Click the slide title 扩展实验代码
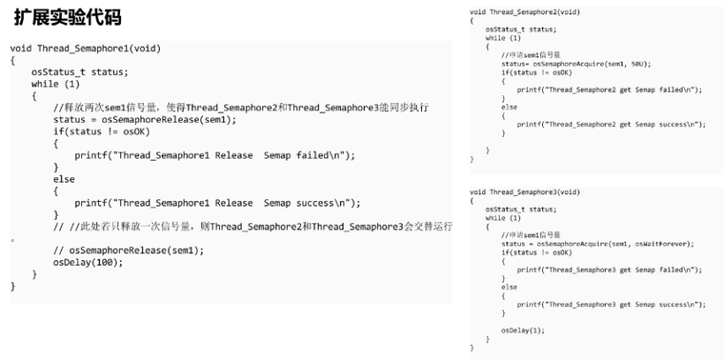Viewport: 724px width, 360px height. [67, 18]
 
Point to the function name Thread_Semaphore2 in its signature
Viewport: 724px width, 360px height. [531, 11]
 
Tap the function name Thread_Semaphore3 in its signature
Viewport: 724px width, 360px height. [531, 191]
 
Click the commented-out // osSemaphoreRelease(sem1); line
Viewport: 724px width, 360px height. [128, 251]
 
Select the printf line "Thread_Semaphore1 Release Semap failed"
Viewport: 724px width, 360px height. [214, 155]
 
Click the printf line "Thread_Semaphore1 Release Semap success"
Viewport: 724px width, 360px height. [217, 203]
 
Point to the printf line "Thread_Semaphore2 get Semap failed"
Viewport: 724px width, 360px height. [608, 90]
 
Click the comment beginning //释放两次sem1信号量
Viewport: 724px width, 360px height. [240, 107]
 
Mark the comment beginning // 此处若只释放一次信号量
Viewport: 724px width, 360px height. [252, 227]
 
